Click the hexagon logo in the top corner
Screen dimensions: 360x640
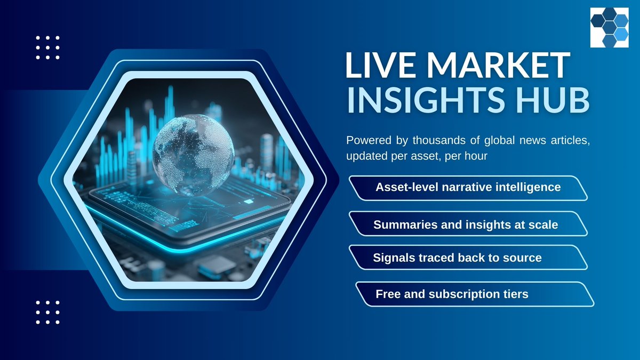coord(609,28)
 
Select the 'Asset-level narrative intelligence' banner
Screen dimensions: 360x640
coord(468,188)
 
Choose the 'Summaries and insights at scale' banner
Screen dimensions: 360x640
coord(468,225)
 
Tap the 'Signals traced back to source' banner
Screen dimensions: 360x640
coord(468,258)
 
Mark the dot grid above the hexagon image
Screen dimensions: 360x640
coord(47,47)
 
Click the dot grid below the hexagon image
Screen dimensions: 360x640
coord(47,312)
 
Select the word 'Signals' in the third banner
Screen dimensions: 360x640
coord(393,258)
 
